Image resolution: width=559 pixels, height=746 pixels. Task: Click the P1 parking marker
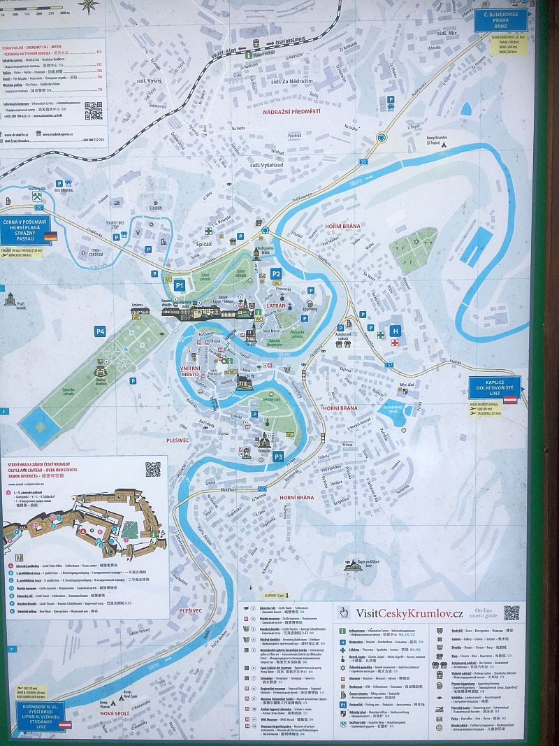[x=179, y=285]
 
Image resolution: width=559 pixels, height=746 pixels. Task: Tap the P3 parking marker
[x=278, y=457]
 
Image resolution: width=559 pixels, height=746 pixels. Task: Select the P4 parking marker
[x=101, y=331]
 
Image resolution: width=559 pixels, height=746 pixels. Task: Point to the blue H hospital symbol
[x=396, y=331]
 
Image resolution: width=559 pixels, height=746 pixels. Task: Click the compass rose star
[x=88, y=6]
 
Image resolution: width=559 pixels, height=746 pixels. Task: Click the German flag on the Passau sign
[x=50, y=237]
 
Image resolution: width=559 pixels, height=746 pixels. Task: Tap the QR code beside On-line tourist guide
[x=511, y=612]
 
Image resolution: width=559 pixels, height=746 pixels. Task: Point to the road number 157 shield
[x=389, y=365]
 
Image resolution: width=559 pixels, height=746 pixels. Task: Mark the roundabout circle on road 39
[x=381, y=138]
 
